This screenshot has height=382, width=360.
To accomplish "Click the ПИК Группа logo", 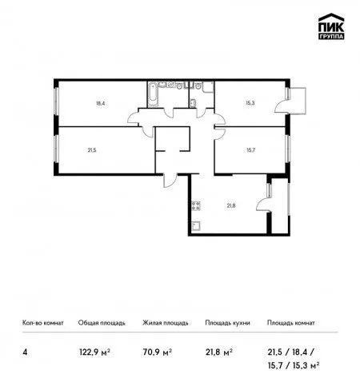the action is tap(331, 26).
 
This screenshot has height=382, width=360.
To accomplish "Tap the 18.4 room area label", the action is tap(100, 103).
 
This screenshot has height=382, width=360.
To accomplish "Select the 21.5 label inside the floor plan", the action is tap(92, 150).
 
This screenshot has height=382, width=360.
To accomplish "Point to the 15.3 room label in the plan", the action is tap(250, 103).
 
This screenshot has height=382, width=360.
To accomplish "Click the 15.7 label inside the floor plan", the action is tap(250, 150).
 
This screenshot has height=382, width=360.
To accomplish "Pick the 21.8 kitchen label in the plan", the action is tap(231, 205).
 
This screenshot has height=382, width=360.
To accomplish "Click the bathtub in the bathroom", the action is tap(153, 95).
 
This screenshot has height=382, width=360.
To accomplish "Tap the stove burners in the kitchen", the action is tap(196, 206).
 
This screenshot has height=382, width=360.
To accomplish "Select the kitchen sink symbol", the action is tap(196, 226).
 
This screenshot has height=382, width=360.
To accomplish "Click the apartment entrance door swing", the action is tap(170, 181).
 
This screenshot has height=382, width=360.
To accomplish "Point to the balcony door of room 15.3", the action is tap(282, 106).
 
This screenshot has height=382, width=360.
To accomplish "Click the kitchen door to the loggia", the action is tap(263, 205).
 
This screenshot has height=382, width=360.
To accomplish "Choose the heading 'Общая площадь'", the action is tap(102, 323).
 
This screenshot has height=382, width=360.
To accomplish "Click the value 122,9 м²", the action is tap(94, 352).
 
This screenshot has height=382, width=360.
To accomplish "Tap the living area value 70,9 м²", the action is tap(158, 352).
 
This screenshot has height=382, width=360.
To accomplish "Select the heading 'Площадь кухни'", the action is tap(227, 323).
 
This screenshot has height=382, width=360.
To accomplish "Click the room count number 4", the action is tap(25, 352).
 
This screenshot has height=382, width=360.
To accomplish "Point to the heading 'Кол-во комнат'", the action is tap(43, 323).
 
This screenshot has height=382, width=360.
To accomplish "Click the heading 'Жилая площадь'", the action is tap(166, 323).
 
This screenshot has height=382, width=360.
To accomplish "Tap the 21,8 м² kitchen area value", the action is tap(219, 352).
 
